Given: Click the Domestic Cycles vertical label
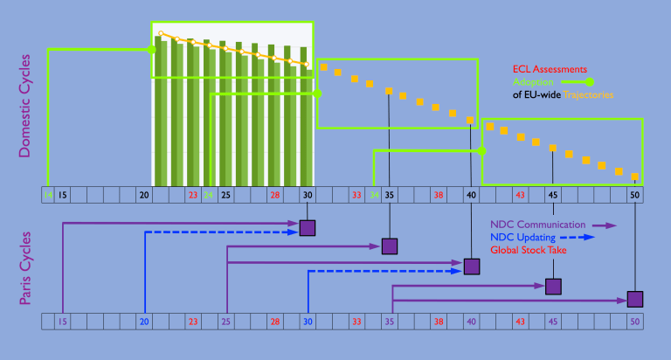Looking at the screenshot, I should [x=24, y=107].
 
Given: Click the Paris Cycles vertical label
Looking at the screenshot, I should [x=24, y=268].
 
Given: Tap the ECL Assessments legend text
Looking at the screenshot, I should [x=549, y=69].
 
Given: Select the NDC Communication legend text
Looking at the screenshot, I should [x=537, y=225].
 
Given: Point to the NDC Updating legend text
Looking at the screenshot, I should [x=522, y=237].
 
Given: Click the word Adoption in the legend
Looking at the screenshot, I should [x=532, y=81].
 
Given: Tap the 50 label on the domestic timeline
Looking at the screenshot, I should [x=635, y=194].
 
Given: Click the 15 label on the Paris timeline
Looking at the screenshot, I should [x=62, y=322].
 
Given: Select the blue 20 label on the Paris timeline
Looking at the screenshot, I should [x=144, y=322].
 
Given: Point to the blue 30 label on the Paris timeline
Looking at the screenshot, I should [x=308, y=322].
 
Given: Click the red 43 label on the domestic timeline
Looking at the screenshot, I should [x=520, y=194].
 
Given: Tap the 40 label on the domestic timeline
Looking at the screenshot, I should [x=471, y=194].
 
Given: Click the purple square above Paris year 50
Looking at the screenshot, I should [x=635, y=299].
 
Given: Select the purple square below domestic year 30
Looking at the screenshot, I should [x=308, y=227].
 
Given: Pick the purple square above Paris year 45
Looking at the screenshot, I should [x=553, y=286].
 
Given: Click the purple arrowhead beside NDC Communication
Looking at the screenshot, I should [x=609, y=225].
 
